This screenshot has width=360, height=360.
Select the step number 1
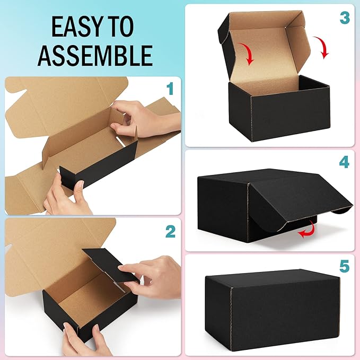170,89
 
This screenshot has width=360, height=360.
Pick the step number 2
170,231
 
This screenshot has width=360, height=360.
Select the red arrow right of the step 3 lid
322,48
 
